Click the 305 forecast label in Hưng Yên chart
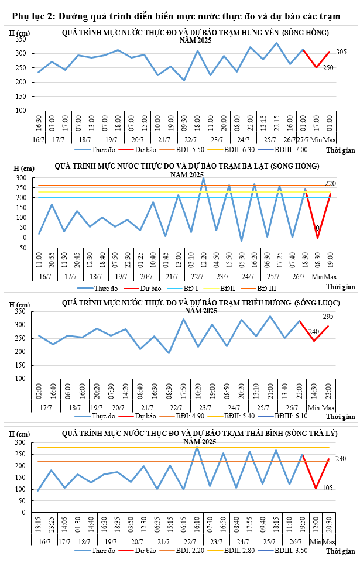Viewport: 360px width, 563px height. [341, 52]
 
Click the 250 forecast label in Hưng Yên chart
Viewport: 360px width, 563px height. [328, 68]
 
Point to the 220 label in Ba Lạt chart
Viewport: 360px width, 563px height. [330, 184]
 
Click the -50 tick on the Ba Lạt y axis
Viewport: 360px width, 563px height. [21, 248]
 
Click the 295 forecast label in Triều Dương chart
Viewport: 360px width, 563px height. [330, 317]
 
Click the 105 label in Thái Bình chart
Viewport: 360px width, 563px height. [328, 488]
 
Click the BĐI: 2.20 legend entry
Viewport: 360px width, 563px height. [187, 551]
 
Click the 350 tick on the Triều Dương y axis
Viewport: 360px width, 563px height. [22, 311]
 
